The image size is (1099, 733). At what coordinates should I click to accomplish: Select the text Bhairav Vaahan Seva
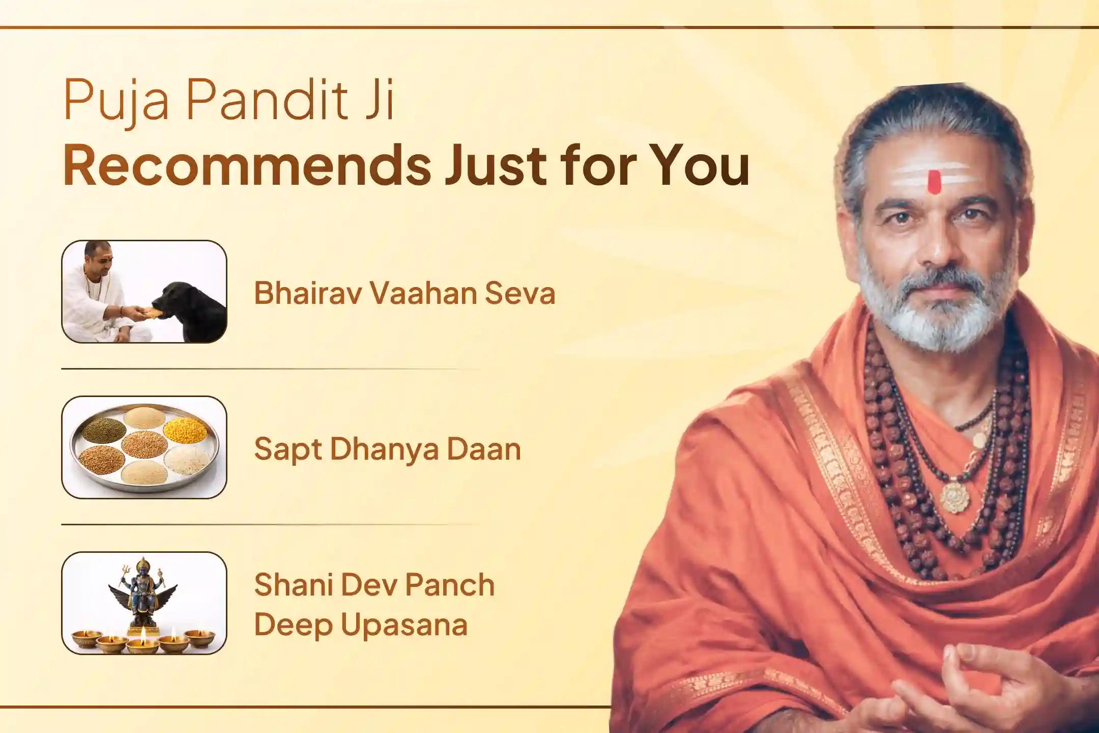(x=404, y=293)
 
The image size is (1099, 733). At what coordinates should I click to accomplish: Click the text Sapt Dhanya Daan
(x=387, y=449)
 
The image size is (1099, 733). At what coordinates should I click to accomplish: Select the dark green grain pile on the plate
(x=104, y=431)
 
